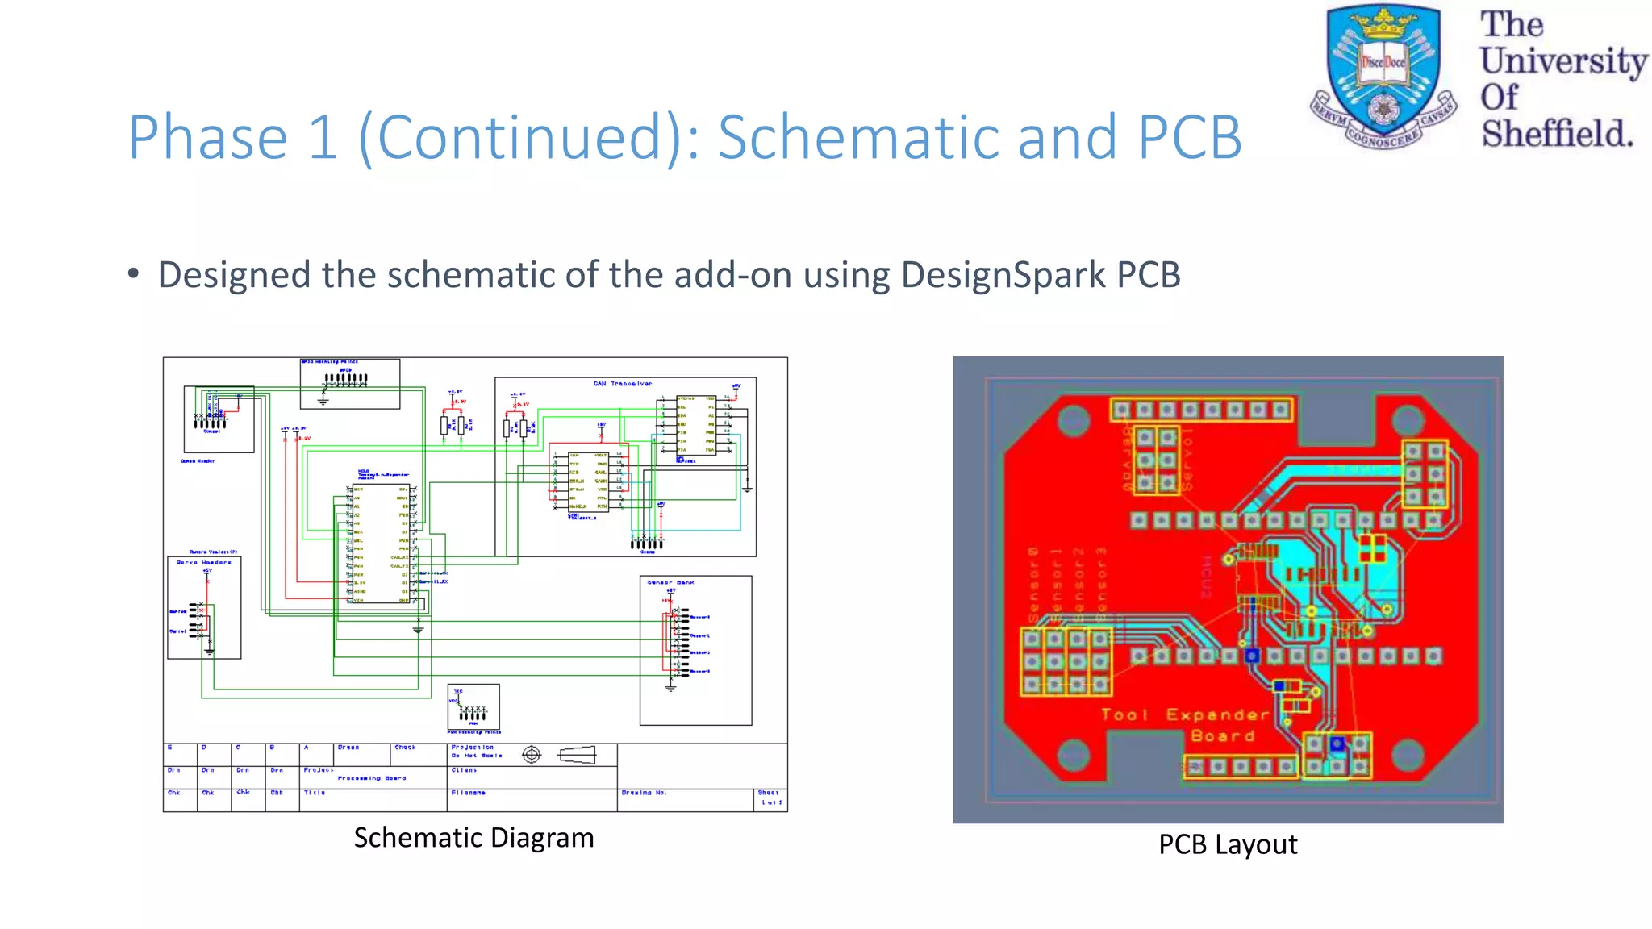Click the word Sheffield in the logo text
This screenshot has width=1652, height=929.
coord(1556,134)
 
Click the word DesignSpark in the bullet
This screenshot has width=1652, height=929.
coord(1003,275)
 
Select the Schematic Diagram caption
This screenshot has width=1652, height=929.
coord(473,838)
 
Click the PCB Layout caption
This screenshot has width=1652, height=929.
coord(1227,844)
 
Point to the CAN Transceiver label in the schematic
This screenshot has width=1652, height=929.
coord(622,384)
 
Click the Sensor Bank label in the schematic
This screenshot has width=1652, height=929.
coord(670,582)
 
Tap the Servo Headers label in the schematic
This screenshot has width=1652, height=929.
coord(203,562)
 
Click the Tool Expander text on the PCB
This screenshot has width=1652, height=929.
coord(1185,714)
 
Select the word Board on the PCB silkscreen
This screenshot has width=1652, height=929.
coord(1222,735)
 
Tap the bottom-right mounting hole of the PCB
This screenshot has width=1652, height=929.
coord(1408,755)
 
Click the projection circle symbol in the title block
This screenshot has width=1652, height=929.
coord(531,755)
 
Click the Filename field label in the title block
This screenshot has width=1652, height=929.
coord(468,793)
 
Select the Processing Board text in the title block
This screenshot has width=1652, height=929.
coord(371,778)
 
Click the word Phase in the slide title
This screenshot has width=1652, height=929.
coord(207,137)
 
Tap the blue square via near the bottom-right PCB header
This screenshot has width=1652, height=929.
coord(1337,744)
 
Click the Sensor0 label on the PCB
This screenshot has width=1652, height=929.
coord(1033,584)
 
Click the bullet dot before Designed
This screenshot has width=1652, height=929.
coord(133,273)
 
